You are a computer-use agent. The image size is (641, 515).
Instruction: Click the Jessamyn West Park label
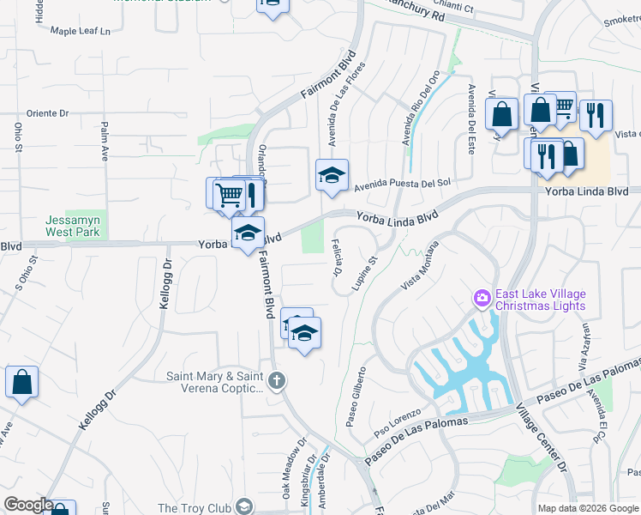pyautogui.click(x=73, y=226)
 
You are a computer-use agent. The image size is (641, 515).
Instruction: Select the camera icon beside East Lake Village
pyautogui.click(x=482, y=298)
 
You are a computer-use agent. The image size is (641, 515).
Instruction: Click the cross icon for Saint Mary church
pyautogui.click(x=276, y=381)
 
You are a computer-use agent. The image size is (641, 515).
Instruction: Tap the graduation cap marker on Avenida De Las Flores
pyautogui.click(x=332, y=174)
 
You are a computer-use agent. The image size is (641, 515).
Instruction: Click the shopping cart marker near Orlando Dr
pyautogui.click(x=229, y=194)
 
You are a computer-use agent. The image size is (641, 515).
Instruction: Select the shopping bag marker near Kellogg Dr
pyautogui.click(x=21, y=381)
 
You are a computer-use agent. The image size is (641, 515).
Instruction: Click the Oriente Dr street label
pyautogui.click(x=47, y=113)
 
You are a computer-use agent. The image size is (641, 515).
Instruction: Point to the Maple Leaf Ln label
pyautogui.click(x=81, y=31)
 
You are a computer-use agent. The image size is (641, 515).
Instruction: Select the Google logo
pyautogui.click(x=27, y=506)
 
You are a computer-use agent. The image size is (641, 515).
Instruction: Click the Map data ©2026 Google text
pyautogui.click(x=587, y=508)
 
